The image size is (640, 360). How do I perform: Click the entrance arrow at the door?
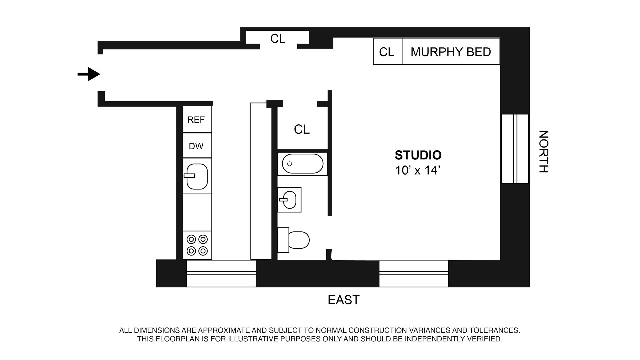tap(89, 74)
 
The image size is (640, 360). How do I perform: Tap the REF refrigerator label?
tap(196, 120)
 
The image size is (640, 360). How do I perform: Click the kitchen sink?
tap(197, 176)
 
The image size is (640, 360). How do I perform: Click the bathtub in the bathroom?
tap(302, 164)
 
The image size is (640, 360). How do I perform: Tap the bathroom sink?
tap(290, 199)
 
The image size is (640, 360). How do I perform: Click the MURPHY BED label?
tap(451, 52)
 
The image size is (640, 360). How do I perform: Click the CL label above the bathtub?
tap(302, 129)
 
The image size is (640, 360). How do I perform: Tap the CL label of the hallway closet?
tap(278, 39)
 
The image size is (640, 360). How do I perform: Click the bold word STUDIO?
tap(418, 155)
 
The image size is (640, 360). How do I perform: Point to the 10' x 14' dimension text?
tap(418, 170)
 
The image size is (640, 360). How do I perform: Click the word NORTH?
tap(543, 151)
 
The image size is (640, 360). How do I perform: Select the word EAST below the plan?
tap(344, 300)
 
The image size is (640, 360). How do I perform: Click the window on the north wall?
tap(515, 149)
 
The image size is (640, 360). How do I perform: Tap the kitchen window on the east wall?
tap(221, 273)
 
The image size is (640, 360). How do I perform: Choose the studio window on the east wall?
tap(413, 273)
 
